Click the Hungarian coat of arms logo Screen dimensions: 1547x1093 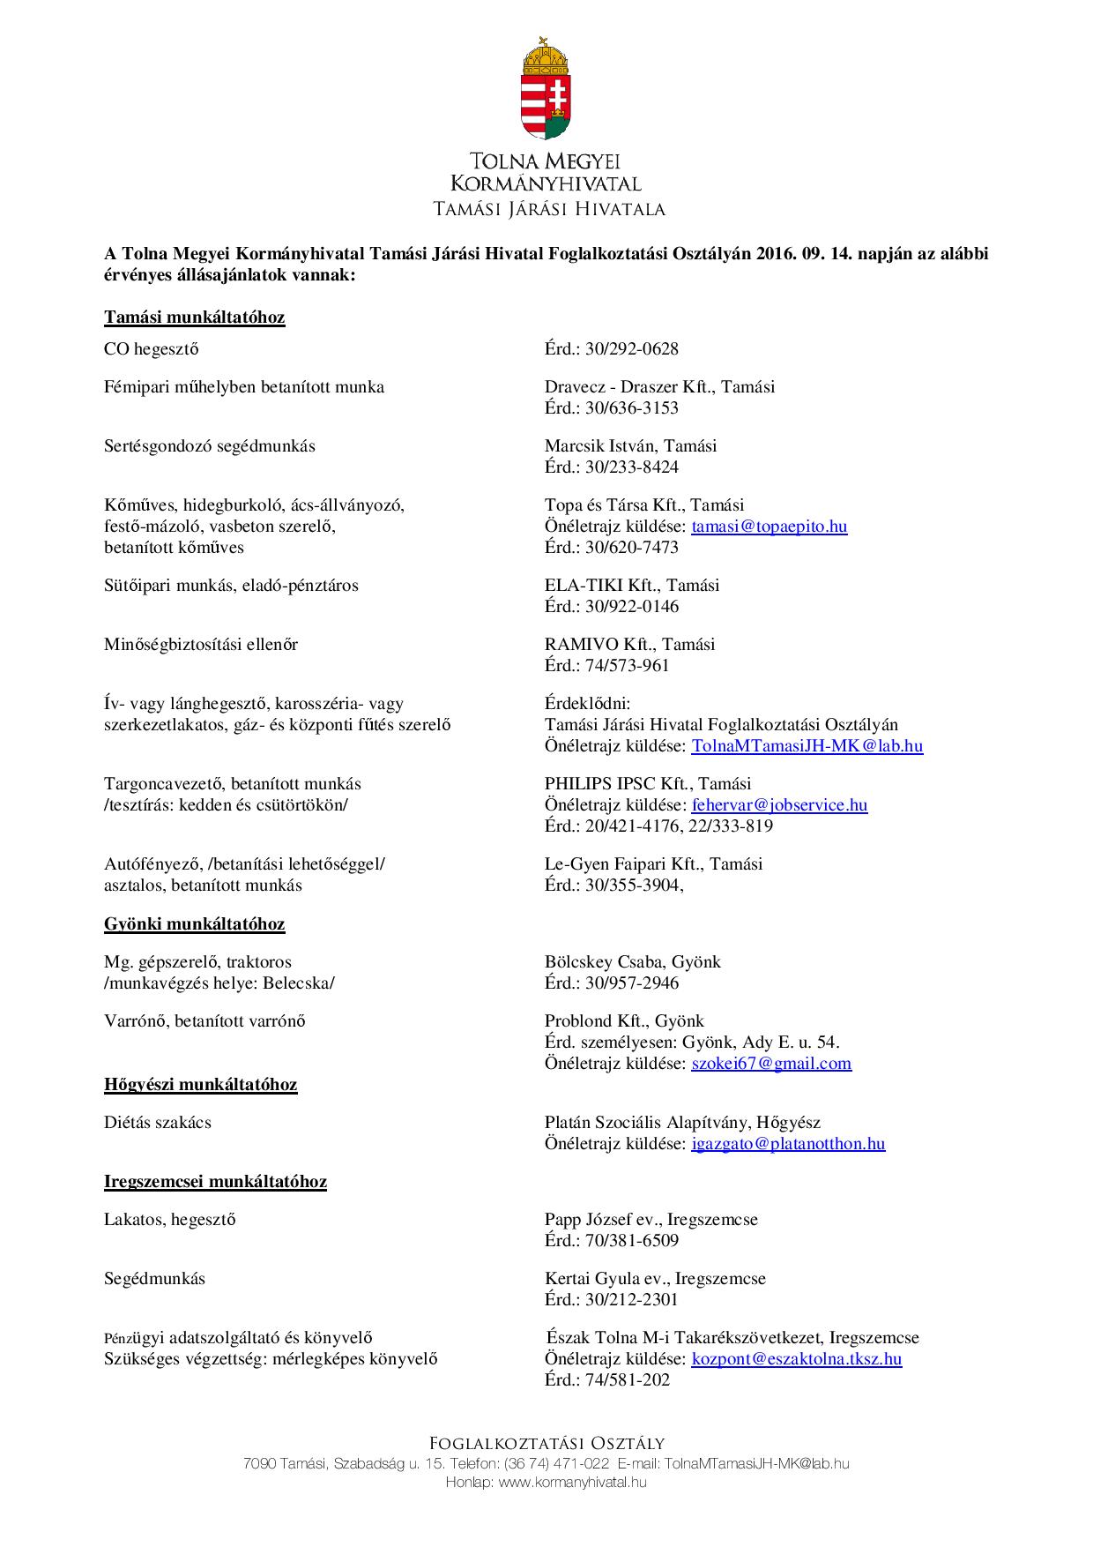546,88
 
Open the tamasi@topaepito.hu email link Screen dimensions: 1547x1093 769,527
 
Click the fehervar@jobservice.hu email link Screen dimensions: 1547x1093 779,804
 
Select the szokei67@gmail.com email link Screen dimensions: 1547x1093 771,1063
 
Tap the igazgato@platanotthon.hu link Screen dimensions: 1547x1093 788,1143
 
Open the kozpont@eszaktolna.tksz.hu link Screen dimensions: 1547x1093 796,1358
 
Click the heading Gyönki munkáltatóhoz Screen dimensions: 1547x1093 194,923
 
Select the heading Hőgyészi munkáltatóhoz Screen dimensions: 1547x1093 200,1084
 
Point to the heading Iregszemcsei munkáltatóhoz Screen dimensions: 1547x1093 215,1181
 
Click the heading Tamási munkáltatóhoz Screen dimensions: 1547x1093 194,317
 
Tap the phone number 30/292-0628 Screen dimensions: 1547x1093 631,348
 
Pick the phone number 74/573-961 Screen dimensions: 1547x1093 627,665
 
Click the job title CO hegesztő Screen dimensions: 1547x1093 152,348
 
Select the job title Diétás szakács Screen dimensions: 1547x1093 158,1122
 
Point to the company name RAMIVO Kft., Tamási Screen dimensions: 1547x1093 629,644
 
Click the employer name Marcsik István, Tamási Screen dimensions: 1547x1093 630,445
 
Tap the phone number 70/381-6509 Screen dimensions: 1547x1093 631,1240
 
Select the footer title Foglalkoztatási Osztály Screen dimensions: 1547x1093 546,1443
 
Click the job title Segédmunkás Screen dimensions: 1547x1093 154,1278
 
